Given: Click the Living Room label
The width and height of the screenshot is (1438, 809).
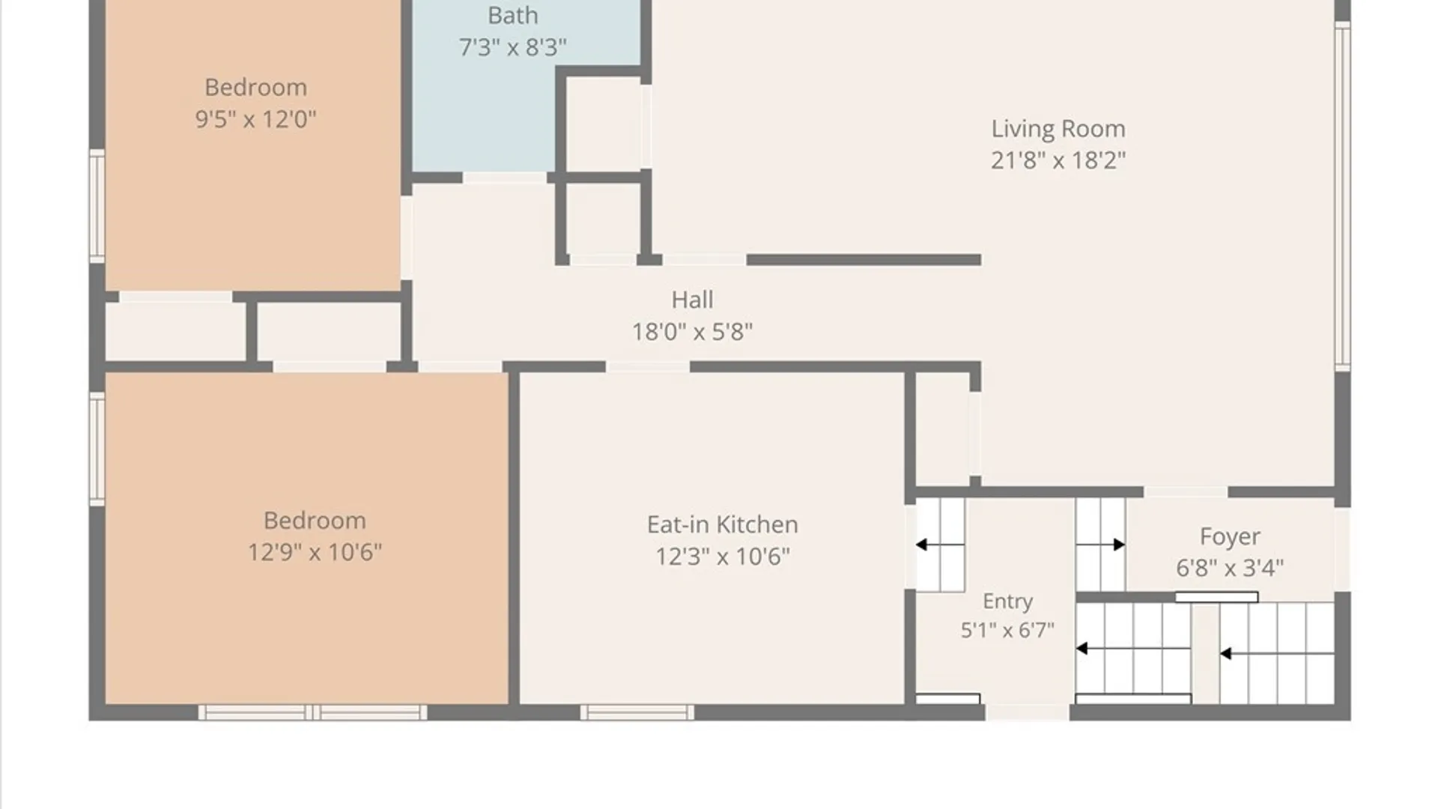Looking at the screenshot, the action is [1058, 129].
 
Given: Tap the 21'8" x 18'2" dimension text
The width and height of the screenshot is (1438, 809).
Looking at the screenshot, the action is [1058, 160].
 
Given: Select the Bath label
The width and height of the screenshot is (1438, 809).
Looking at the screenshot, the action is [512, 15].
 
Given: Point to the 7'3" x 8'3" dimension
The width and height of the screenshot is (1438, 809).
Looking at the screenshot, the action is [512, 47].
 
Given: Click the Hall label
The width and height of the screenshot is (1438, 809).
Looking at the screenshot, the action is [692, 300].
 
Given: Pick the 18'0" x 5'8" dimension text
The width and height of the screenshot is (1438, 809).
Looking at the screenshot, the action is [692, 331].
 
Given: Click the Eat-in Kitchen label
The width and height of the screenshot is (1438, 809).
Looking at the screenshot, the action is [722, 524].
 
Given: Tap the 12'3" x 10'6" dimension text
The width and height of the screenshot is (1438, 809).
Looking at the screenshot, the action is [722, 557].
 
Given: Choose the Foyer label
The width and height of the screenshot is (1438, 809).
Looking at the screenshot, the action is [1229, 536].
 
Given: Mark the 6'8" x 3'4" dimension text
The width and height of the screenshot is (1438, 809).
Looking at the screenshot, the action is [1229, 568].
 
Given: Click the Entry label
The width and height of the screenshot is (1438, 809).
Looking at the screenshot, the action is [1007, 601].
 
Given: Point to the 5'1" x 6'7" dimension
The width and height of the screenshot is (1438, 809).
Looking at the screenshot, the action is [1007, 630].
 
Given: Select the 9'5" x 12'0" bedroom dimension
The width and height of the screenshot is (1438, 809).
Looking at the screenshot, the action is [255, 119].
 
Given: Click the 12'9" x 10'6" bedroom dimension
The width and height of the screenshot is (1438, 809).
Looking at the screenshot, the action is [315, 552].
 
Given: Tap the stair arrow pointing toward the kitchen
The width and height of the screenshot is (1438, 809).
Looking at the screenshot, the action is [940, 545].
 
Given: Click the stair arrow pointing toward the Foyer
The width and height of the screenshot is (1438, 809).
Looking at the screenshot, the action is [1101, 545].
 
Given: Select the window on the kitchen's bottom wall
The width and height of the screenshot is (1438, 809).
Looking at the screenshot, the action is [637, 712].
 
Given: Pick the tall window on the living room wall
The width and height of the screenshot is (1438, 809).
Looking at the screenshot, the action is [1342, 196].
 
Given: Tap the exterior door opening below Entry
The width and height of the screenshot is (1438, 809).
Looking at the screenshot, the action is [1027, 712].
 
